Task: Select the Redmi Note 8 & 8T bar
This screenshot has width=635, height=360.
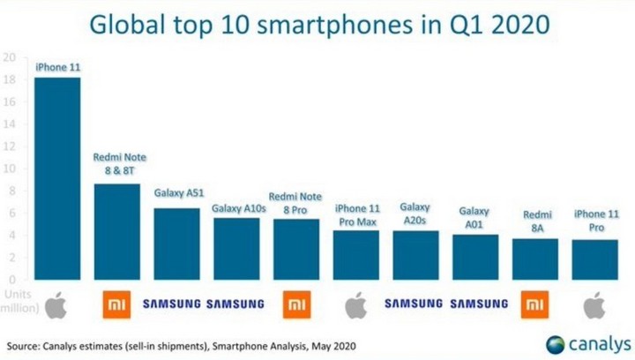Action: (116, 231)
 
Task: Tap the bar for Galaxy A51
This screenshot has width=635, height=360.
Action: (176, 244)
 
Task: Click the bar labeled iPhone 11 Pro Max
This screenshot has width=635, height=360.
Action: (355, 254)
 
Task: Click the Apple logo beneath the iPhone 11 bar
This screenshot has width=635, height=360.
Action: (56, 306)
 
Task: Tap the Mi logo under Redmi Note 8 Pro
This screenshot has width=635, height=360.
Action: (295, 305)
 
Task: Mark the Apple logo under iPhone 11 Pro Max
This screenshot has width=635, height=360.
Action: (355, 306)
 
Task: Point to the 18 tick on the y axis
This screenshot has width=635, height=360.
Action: (10, 80)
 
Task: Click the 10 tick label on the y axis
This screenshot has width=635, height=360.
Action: (10, 169)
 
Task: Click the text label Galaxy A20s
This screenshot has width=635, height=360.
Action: (415, 213)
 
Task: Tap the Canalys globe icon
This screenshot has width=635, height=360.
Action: (557, 343)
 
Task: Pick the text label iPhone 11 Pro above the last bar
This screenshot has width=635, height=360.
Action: (594, 221)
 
